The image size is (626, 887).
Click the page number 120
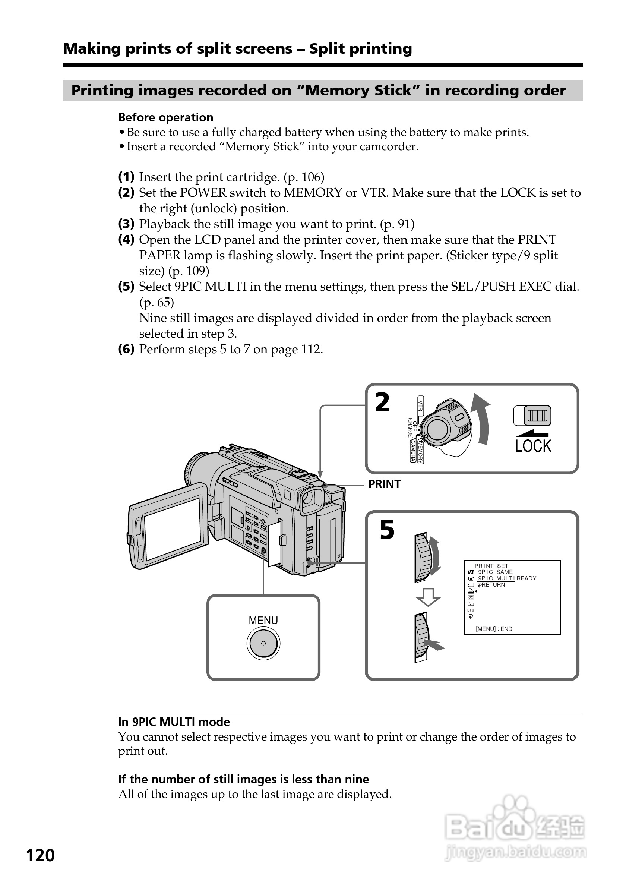click(40, 855)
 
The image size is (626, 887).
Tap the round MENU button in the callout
click(263, 643)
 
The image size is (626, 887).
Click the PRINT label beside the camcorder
click(384, 484)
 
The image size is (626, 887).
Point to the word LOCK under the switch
click(533, 446)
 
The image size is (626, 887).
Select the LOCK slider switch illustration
click(532, 416)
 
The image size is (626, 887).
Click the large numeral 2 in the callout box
click(382, 403)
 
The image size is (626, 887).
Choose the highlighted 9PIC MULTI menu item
click(496, 578)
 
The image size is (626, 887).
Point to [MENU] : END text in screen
click(494, 629)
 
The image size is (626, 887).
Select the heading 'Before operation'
click(166, 117)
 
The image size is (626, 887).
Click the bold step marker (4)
click(126, 240)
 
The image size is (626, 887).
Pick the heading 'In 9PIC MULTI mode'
click(174, 722)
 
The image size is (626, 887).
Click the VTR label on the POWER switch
click(420, 405)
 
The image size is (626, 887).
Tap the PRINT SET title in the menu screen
click(491, 566)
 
